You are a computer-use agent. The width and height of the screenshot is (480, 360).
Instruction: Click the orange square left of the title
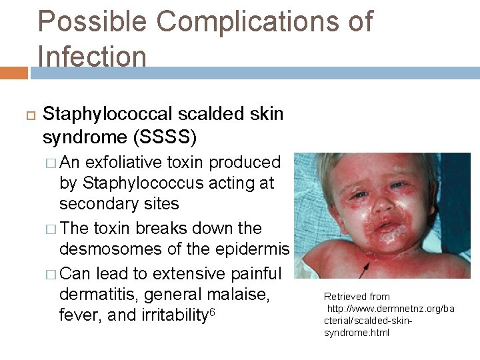pos(13,73)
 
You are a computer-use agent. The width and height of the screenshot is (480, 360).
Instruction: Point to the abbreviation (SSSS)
pos(165,137)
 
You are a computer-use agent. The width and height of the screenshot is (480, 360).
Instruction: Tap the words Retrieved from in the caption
pos(357,296)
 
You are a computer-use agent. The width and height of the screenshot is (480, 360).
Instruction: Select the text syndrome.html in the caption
pos(356,332)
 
